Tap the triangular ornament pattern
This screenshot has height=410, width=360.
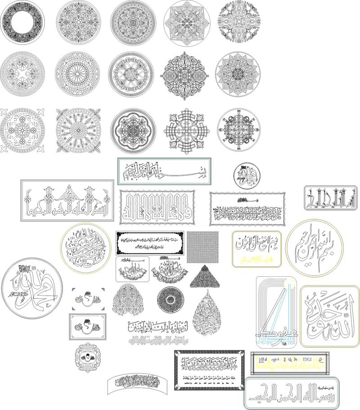[204, 277]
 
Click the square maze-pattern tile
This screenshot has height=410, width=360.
[203, 247]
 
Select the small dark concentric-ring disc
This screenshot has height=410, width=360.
[171, 299]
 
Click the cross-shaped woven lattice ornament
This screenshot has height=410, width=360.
[186, 129]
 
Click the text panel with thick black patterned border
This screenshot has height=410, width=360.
[209, 370]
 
